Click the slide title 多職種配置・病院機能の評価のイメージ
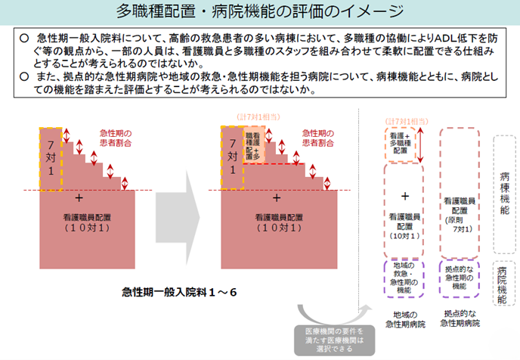(x=259, y=13)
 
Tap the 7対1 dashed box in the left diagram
(x=51, y=157)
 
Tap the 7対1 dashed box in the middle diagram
(x=232, y=157)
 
